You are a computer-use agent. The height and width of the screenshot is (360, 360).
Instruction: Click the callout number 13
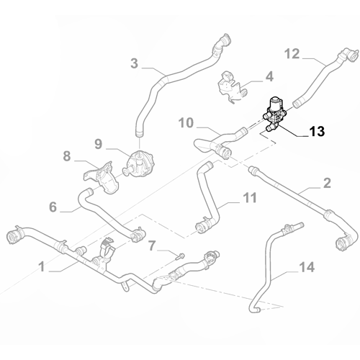click(x=316, y=132)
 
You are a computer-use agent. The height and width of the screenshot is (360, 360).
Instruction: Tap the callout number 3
click(x=135, y=63)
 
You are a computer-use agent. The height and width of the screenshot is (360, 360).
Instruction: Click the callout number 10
click(x=186, y=123)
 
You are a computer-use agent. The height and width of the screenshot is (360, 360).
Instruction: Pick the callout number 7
click(x=151, y=247)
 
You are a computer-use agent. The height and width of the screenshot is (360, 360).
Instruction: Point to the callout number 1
click(x=42, y=266)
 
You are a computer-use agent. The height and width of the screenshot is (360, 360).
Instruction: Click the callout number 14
click(x=307, y=268)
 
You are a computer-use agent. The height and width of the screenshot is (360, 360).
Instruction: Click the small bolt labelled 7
click(x=181, y=253)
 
